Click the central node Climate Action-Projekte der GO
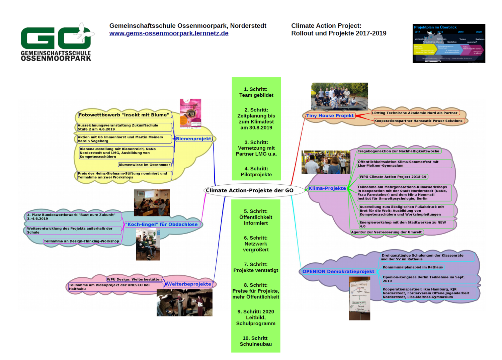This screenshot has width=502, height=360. (x=249, y=190)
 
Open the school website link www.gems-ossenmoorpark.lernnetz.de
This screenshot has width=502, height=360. (x=169, y=33)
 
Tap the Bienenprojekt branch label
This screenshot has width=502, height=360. (x=193, y=139)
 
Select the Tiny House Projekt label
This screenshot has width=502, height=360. (x=330, y=115)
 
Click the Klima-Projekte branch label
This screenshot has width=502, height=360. (x=327, y=188)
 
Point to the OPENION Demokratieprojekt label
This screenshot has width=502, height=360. (x=338, y=271)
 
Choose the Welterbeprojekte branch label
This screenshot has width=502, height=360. (x=189, y=284)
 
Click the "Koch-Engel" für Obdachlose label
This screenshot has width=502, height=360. (x=161, y=224)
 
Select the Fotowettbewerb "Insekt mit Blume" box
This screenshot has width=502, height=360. (x=123, y=115)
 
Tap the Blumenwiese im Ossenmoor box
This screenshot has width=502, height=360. (x=145, y=165)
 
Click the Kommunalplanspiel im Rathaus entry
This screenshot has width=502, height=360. (x=413, y=267)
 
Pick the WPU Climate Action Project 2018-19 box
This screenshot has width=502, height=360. (x=393, y=177)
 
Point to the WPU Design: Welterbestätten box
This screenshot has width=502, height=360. (x=134, y=279)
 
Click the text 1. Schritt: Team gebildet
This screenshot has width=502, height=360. (x=256, y=92)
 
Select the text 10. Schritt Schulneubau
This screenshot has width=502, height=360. (x=256, y=341)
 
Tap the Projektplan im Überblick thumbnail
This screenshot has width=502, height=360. (x=449, y=43)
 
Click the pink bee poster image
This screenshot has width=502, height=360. (x=190, y=113)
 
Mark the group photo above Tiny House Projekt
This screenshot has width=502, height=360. (x=339, y=96)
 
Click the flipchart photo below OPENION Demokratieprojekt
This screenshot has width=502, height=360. (x=359, y=298)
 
